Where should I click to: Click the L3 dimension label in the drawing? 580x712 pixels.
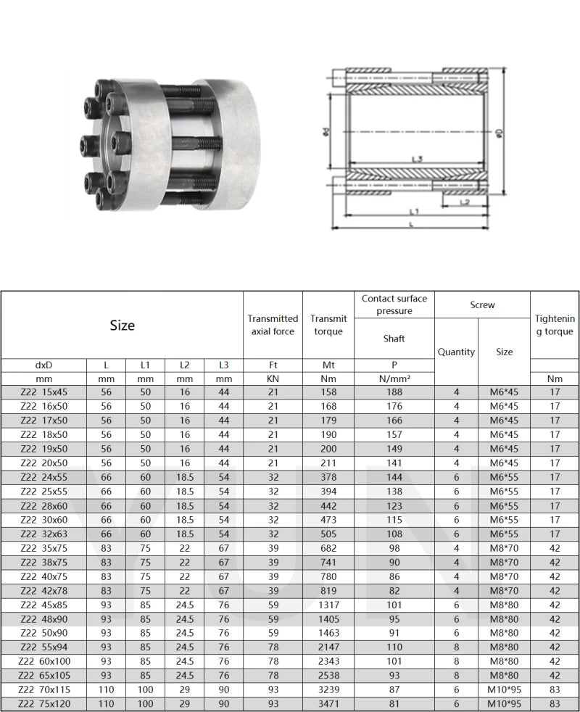pyautogui.click(x=416, y=159)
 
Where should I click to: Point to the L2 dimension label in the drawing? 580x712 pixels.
pyautogui.click(x=465, y=202)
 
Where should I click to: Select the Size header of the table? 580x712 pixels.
pyautogui.click(x=122, y=326)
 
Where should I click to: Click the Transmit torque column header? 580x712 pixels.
pyautogui.click(x=328, y=325)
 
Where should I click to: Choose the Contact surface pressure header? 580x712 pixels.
pyautogui.click(x=394, y=305)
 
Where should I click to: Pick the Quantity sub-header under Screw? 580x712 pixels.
pyautogui.click(x=456, y=352)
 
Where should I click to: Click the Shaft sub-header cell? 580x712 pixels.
pyautogui.click(x=394, y=339)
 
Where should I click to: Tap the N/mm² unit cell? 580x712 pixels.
pyautogui.click(x=394, y=378)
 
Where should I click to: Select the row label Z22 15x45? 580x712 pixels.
pyautogui.click(x=44, y=392)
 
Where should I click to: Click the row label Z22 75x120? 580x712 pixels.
pyautogui.click(x=44, y=703)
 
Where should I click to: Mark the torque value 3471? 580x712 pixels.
pyautogui.click(x=328, y=703)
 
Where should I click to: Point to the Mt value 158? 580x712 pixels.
pyautogui.click(x=328, y=392)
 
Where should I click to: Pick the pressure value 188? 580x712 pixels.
pyautogui.click(x=394, y=392)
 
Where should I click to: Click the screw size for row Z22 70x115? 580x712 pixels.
pyautogui.click(x=505, y=689)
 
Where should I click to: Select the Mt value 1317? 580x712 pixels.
pyautogui.click(x=328, y=605)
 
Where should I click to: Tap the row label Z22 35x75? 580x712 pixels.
pyautogui.click(x=44, y=547)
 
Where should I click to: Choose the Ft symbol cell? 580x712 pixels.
pyautogui.click(x=273, y=365)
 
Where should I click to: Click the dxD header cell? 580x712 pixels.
pyautogui.click(x=44, y=365)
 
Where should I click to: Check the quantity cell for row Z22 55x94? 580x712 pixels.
pyautogui.click(x=456, y=647)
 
